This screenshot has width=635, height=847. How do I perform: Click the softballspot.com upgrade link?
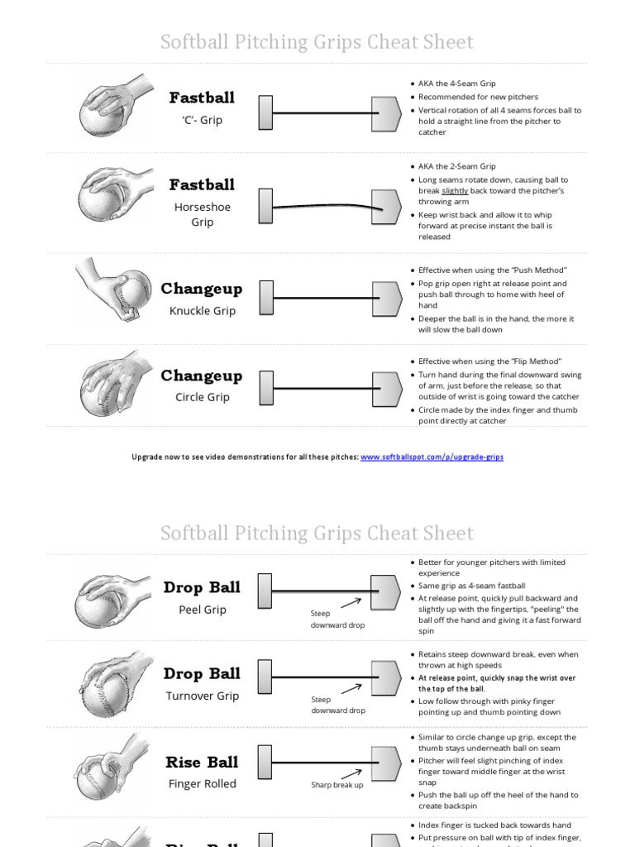click(x=432, y=457)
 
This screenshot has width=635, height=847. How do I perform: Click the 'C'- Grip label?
click(x=202, y=120)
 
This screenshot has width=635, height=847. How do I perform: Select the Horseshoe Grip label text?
click(x=202, y=214)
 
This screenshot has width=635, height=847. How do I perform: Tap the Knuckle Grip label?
click(x=202, y=311)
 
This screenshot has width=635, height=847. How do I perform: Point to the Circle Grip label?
click(x=202, y=397)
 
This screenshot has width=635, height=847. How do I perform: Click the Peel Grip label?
click(x=202, y=610)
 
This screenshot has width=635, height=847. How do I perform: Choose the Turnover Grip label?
click(x=202, y=696)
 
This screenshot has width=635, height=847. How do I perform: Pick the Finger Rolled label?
click(x=202, y=783)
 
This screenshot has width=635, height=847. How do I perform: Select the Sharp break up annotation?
click(x=337, y=785)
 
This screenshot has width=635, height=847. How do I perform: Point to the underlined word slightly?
click(x=455, y=191)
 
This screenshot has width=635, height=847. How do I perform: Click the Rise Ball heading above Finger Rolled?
click(x=202, y=762)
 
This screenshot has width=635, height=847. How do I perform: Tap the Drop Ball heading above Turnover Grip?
click(x=202, y=673)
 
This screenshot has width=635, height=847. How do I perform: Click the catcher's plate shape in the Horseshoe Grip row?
click(x=386, y=203)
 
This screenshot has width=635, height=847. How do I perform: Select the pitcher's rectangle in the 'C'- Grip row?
click(x=265, y=112)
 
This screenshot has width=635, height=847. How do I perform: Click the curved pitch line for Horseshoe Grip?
click(x=322, y=205)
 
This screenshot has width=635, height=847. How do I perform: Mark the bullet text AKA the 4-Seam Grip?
click(x=456, y=84)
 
